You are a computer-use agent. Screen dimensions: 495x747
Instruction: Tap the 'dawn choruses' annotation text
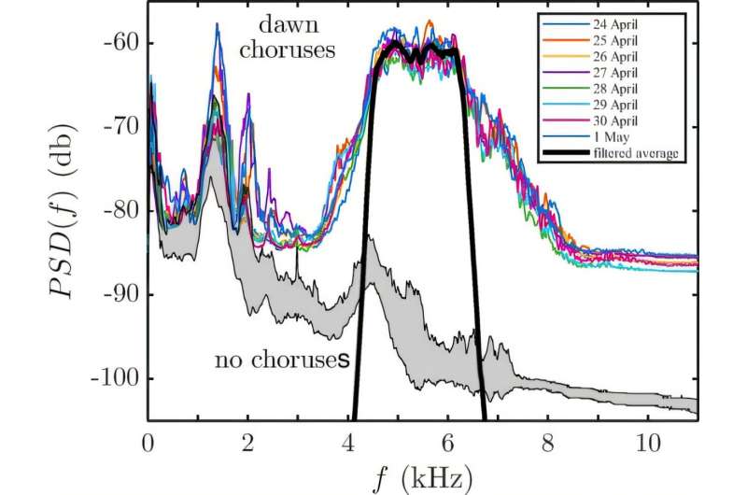287,37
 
